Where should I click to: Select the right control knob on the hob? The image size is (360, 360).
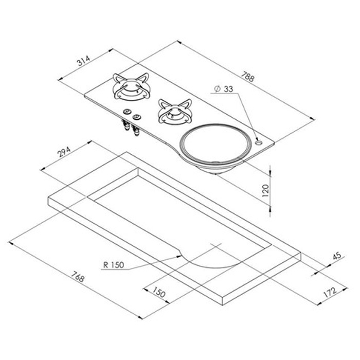tap(136, 118)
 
